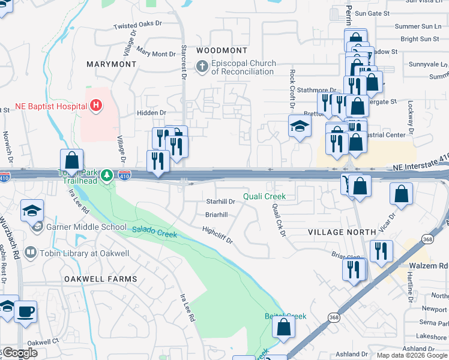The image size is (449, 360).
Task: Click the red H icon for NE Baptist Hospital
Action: pos(95,106)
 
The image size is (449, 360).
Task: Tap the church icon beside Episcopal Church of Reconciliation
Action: pos(202,67)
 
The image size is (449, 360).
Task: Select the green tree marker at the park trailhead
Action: pos(106,175)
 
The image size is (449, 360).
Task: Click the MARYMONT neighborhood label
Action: pos(111,64)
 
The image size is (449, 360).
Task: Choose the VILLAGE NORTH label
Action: pos(342,232)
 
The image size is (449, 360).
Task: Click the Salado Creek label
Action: pos(154,231)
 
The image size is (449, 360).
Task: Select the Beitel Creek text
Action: pos(286,316)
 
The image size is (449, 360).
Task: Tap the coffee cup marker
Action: pos(25,312)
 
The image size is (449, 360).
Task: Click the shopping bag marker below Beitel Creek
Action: pos(283,328)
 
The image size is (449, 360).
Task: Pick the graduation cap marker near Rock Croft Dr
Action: pos(300,127)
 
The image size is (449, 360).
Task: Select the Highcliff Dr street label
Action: pos(217,235)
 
